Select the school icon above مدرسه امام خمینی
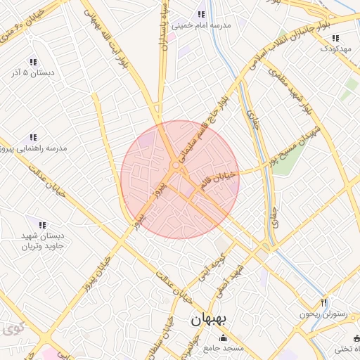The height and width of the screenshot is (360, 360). tap(202, 14)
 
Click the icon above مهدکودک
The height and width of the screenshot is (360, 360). tap(335, 38)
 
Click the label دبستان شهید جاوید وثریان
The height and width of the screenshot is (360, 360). tap(42, 241)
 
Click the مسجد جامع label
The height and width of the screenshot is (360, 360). tap(224, 349)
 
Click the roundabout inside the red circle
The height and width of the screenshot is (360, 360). tap(174, 166)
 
